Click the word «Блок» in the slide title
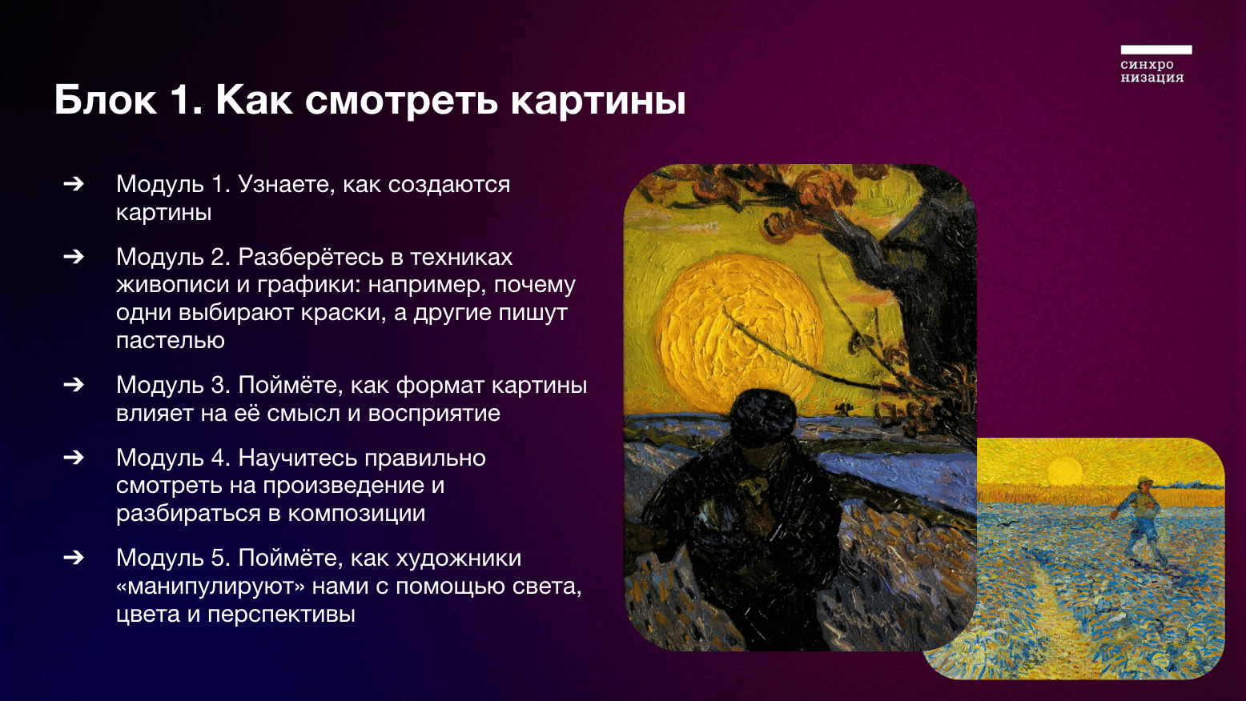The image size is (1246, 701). pos(105,101)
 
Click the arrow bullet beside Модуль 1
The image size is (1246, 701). pos(74,183)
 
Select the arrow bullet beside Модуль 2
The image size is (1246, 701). pos(74,256)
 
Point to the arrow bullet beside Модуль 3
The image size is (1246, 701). pos(74,384)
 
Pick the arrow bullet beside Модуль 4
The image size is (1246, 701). pos(74,457)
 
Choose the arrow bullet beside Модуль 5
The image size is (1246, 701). pos(74,557)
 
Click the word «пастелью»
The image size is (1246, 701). pos(171,340)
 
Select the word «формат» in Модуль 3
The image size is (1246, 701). pos(440,386)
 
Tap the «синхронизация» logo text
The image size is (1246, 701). pos(1152,71)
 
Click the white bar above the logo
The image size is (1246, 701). pos(1156,50)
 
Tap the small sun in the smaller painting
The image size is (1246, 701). pos(1065,471)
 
